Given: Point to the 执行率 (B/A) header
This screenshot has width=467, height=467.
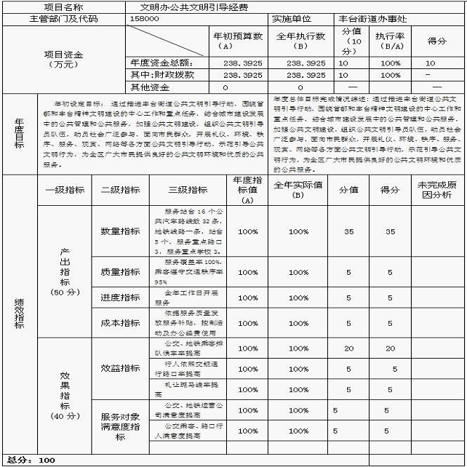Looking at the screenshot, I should (x=390, y=40).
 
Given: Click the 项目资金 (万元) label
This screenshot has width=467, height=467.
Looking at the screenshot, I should (x=64, y=59).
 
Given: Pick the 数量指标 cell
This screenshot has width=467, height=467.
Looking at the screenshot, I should (x=121, y=231).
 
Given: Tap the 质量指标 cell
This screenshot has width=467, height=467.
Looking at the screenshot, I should (x=121, y=271).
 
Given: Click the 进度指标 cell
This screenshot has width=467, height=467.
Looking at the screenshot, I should (x=121, y=297).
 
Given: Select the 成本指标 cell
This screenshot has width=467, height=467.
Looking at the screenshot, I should (x=121, y=322).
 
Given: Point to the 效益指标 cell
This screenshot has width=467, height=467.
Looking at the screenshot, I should (x=121, y=368).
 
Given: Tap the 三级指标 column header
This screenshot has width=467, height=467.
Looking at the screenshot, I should (x=188, y=190).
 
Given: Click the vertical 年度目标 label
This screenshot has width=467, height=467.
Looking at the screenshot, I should (x=18, y=133).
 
